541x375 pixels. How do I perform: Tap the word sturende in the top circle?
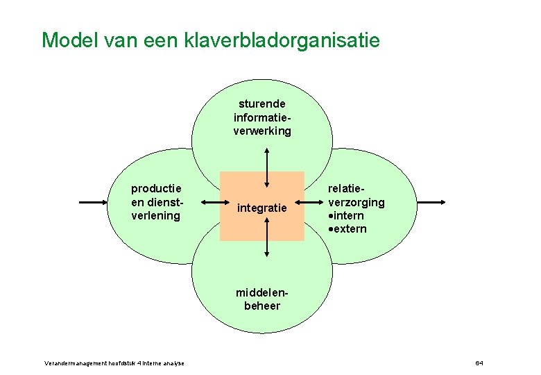(261, 103)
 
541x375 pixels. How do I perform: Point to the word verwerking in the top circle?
(261, 131)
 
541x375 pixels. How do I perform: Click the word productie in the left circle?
(156, 188)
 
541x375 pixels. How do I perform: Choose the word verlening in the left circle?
(156, 216)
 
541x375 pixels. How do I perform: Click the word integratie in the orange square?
(261, 208)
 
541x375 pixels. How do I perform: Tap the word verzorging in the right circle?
(356, 202)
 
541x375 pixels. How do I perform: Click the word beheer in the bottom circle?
(261, 306)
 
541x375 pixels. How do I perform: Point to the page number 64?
(479, 363)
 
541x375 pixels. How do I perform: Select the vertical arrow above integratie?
(267, 167)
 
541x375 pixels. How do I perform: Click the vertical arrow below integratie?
(267, 243)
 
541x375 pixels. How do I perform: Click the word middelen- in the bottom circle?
(261, 293)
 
